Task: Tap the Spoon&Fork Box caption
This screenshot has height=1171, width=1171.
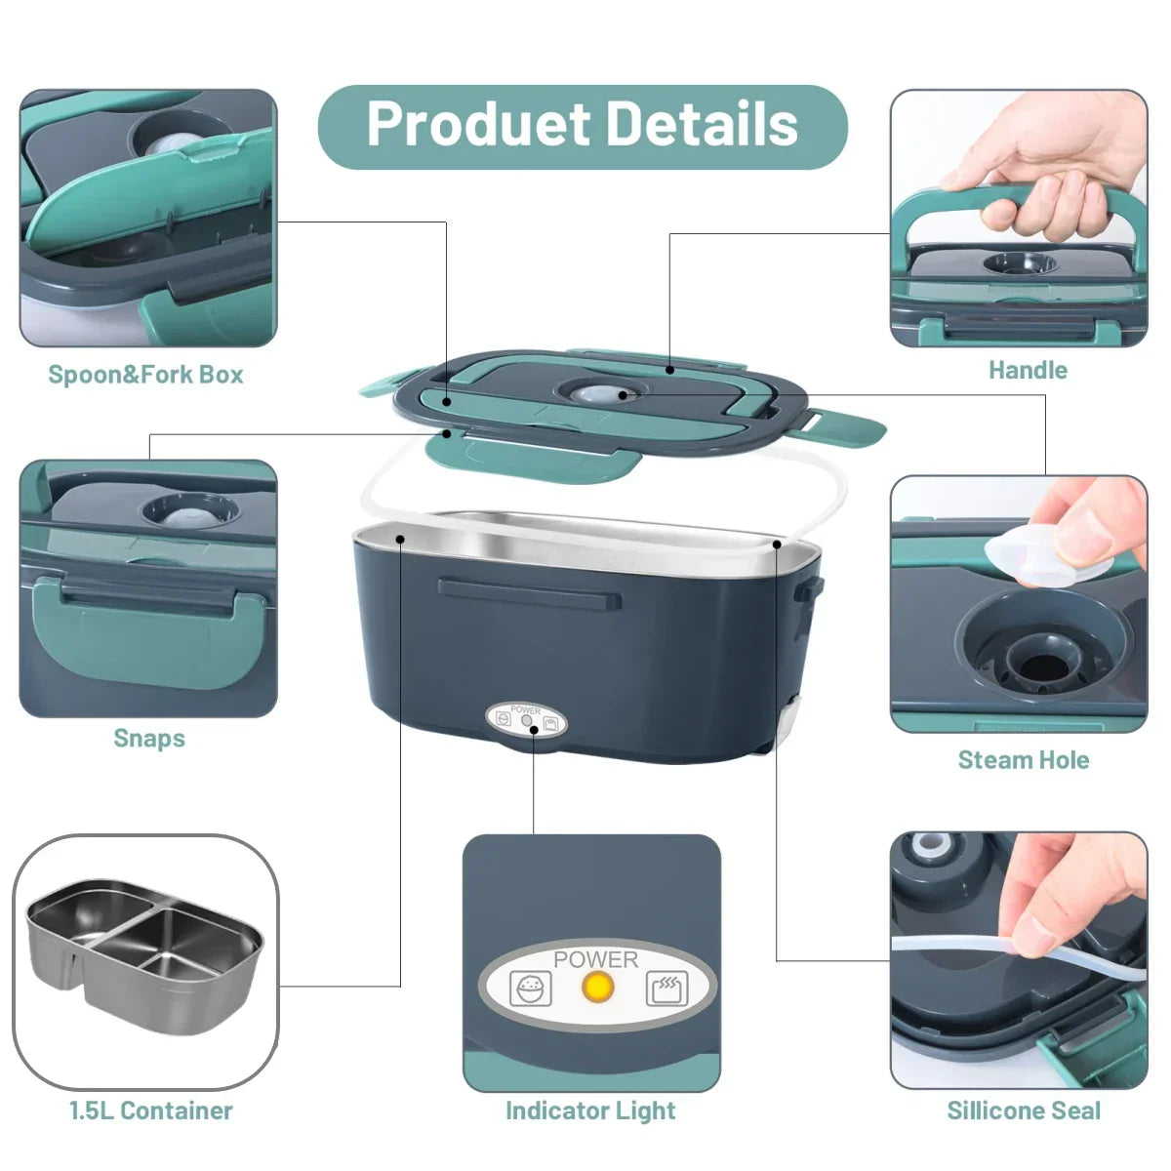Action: (146, 375)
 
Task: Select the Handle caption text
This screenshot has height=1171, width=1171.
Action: (1028, 371)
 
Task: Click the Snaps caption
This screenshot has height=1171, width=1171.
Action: (149, 738)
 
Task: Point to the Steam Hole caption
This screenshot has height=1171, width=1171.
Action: (1024, 760)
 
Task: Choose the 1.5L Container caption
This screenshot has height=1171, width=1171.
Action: (151, 1110)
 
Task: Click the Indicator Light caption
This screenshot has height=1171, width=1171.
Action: (590, 1110)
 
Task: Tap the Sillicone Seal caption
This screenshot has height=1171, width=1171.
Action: (1024, 1110)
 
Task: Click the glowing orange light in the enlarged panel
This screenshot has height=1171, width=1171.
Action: (597, 988)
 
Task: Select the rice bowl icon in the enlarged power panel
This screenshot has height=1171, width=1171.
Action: (531, 989)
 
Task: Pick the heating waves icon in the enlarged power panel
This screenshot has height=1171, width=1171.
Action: (666, 989)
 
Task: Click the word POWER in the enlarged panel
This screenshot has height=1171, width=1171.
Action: (595, 959)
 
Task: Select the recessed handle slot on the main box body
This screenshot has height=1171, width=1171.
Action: (529, 591)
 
